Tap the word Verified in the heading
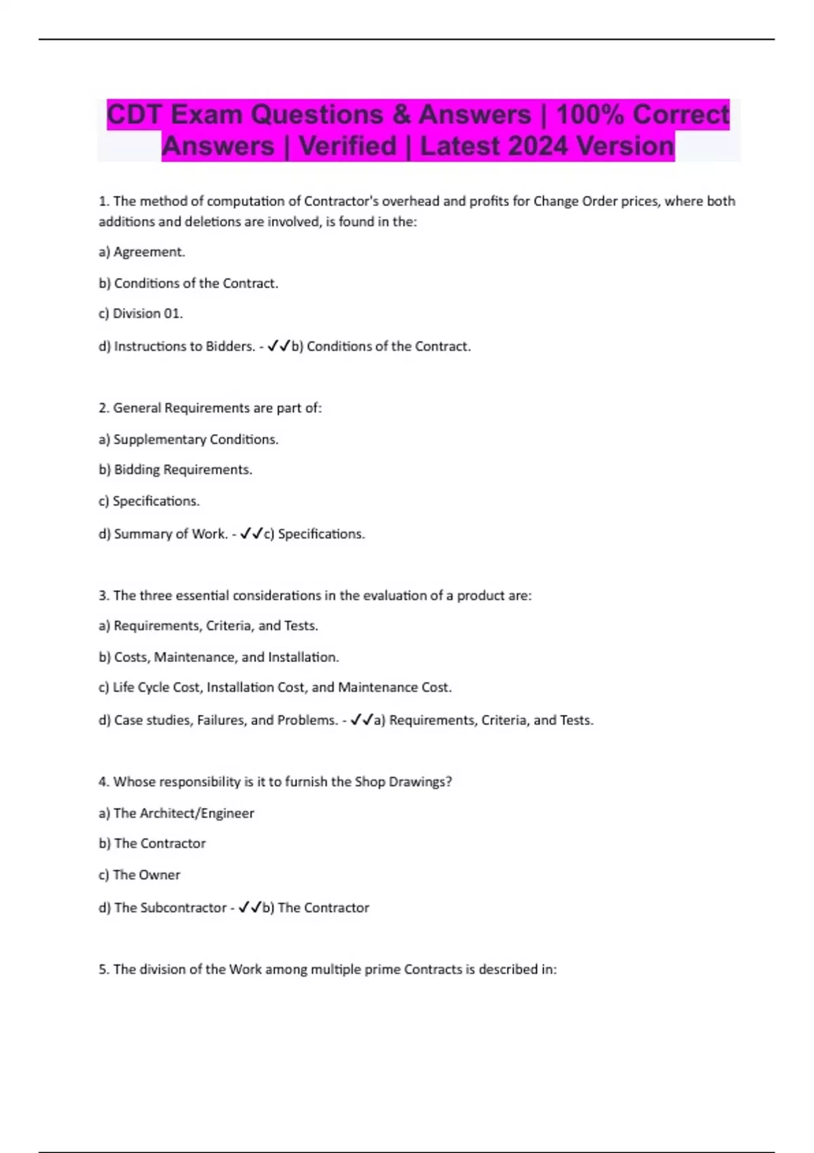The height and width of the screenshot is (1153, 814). click(x=347, y=146)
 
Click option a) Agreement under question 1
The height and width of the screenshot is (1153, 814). click(x=142, y=252)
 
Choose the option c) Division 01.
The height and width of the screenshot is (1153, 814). click(x=140, y=313)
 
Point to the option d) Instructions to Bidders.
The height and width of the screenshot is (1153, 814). click(x=176, y=346)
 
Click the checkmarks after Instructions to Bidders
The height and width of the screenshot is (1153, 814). click(x=278, y=346)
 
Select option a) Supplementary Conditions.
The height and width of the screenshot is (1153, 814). click(x=189, y=439)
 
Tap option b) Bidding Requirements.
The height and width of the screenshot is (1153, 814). click(x=175, y=469)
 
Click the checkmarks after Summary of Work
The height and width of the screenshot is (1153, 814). click(x=251, y=534)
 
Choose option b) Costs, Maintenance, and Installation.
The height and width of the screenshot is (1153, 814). click(x=218, y=657)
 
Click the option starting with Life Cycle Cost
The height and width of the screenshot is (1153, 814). click(x=275, y=687)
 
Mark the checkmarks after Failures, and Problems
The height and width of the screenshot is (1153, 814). click(x=362, y=720)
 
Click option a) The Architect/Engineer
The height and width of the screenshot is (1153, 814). click(x=176, y=813)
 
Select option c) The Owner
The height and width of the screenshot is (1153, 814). click(x=139, y=874)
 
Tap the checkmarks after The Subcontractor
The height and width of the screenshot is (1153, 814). click(x=250, y=907)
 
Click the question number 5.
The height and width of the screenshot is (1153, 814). click(x=103, y=969)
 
